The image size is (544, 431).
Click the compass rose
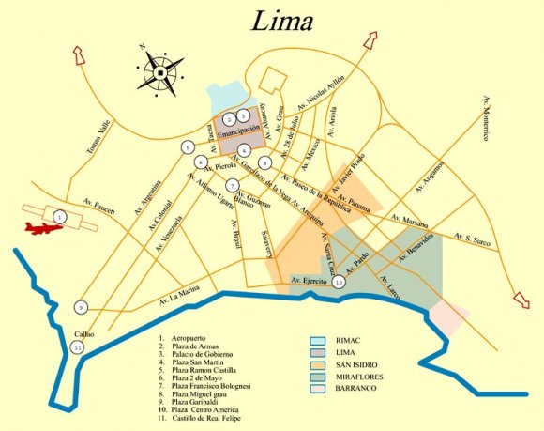tap(162, 69)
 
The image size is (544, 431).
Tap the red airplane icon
tap(38, 229)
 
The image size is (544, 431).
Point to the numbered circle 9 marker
tap(82, 307)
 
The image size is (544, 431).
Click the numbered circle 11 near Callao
tap(77, 347)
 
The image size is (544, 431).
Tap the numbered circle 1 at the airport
tap(60, 217)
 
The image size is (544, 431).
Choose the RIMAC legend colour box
tap(320, 340)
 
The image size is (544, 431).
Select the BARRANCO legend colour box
tap(320, 386)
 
